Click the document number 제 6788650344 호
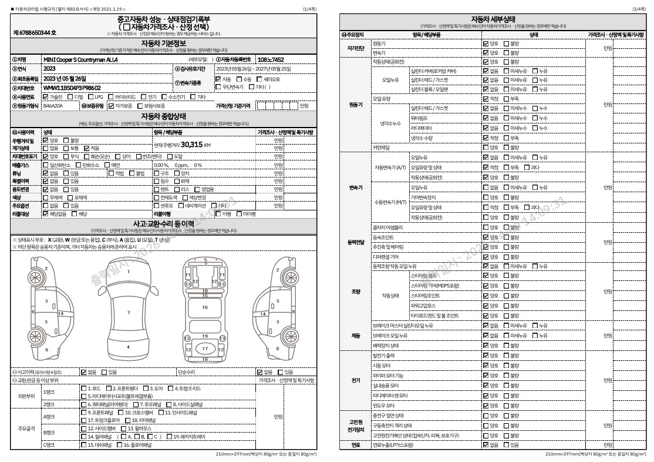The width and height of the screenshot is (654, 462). click(35, 33)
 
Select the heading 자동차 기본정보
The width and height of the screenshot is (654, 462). click(164, 43)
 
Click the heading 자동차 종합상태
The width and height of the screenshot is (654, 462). click(164, 116)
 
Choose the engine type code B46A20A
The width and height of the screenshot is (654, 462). click(53, 106)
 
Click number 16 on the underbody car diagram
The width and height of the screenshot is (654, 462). click(205, 307)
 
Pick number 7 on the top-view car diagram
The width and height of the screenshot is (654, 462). click(129, 312)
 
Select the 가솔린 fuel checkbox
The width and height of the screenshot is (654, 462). click(46, 96)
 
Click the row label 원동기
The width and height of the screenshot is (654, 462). click(356, 104)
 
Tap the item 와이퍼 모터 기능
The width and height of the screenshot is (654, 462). click(388, 375)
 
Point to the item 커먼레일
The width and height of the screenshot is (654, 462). click(381, 147)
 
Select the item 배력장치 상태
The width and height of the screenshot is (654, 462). click(385, 346)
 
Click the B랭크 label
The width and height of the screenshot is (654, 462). click(49, 433)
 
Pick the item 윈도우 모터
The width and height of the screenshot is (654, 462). click(383, 406)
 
